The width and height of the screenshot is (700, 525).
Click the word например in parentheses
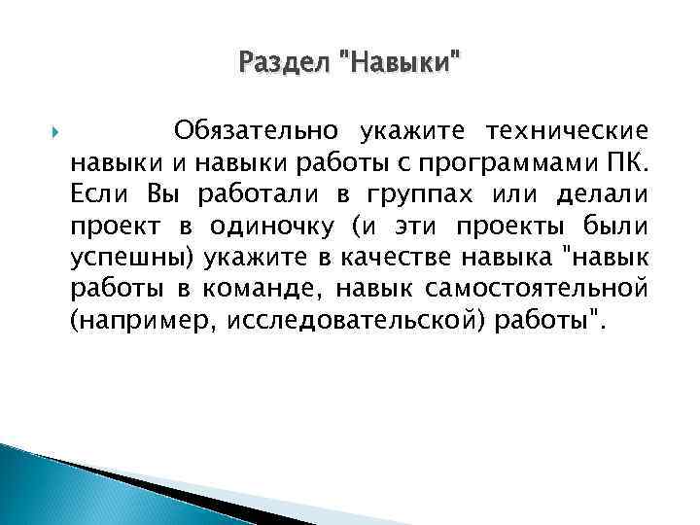[140, 324]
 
